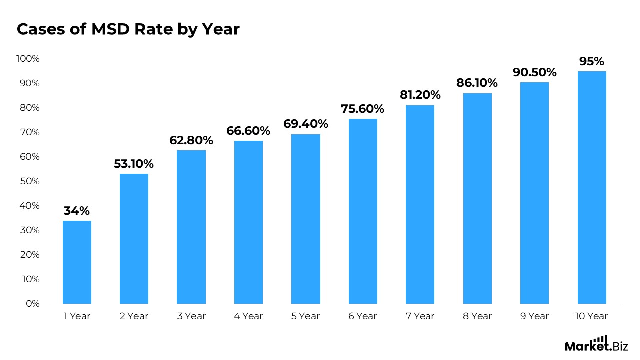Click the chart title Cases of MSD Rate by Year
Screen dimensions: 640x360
pos(128,30)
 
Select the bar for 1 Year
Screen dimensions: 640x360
pos(77,262)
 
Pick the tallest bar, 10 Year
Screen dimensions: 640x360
pos(592,187)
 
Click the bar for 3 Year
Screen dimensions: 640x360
pos(191,227)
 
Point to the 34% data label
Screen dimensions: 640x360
pos(77,211)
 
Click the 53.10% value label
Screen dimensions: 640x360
pos(134,164)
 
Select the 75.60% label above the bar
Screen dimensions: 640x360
pos(363,109)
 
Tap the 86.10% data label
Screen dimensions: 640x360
pos(477,83)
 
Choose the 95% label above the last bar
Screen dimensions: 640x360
pos(592,61)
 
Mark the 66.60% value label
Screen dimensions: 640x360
pos(248,131)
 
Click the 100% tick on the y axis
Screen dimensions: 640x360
pos(28,59)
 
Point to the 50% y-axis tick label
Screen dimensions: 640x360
pos(29,181)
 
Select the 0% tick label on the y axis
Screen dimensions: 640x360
pos(32,304)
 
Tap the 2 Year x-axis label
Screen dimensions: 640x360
pos(134,316)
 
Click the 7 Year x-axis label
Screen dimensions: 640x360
pos(420,316)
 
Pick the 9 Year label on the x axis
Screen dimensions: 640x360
pos(535,316)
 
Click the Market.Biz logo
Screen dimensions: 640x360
pos(596,344)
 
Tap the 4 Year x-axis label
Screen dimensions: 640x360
pos(248,316)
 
